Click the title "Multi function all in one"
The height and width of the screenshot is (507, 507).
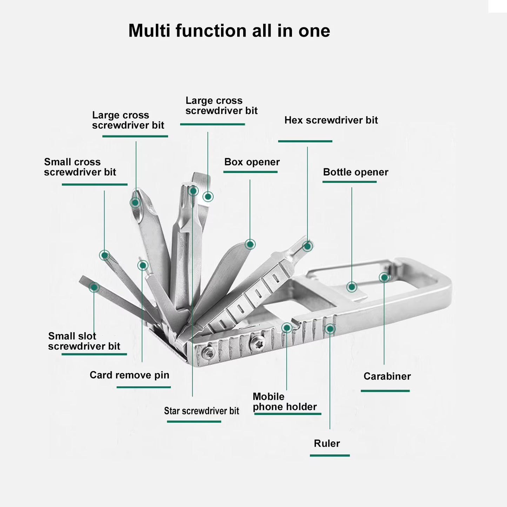coord(229,31)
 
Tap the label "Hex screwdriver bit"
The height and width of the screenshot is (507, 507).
coord(331,120)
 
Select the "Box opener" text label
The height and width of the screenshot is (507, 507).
coord(252,162)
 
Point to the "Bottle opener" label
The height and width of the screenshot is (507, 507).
coord(355,172)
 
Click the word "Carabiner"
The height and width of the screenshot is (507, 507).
coord(387,376)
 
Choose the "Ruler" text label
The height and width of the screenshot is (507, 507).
coord(327,443)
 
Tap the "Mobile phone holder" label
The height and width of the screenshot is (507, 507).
coord(285,402)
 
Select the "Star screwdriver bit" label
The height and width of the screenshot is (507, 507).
coord(201,411)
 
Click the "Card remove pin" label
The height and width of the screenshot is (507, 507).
coord(129,375)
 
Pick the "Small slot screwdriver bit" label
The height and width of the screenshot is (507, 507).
coord(84,341)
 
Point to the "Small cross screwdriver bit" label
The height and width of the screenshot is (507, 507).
coord(80,167)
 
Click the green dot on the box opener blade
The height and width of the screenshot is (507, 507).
coord(250,244)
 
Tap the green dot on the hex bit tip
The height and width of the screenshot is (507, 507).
coord(308,246)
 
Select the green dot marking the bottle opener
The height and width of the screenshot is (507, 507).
coord(352,287)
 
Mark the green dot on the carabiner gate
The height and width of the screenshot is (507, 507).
coord(384,278)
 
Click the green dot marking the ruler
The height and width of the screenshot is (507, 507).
coord(330,329)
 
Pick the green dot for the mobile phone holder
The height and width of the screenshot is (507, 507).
coord(287,328)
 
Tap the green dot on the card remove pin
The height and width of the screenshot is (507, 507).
coord(142,265)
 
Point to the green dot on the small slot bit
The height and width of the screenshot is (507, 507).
coord(94,287)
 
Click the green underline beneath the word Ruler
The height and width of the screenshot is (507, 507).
coord(329,455)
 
